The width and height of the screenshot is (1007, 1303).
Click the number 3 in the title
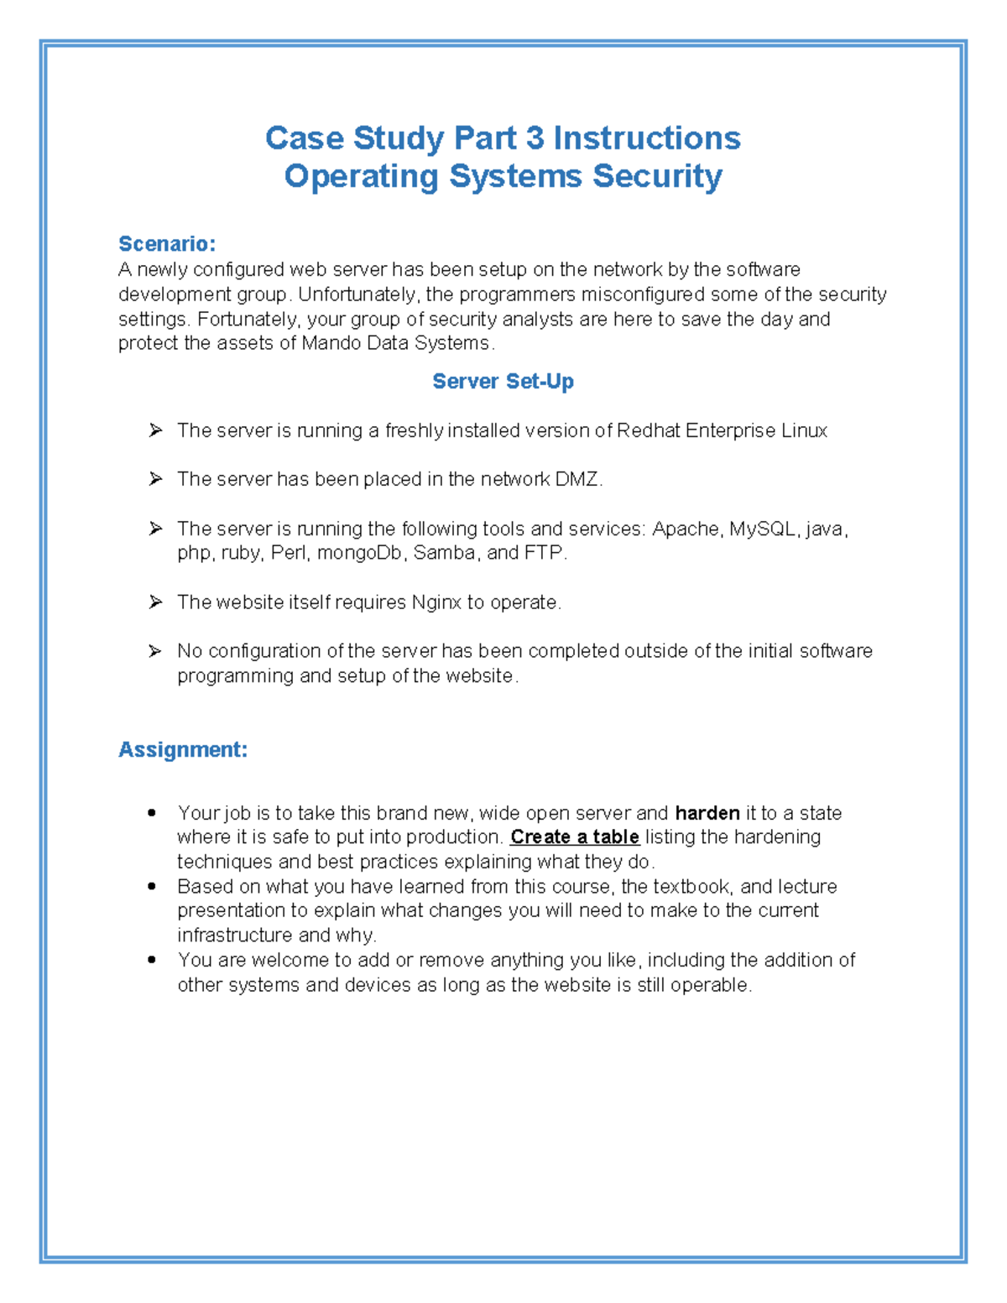[535, 138]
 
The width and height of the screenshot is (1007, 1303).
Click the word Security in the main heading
[657, 176]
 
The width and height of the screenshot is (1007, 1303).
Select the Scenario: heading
[167, 243]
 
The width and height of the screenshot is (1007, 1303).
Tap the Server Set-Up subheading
[503, 381]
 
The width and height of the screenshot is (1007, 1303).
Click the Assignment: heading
[183, 749]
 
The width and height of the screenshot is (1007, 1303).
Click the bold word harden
[707, 813]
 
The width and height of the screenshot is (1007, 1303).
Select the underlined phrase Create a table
[575, 837]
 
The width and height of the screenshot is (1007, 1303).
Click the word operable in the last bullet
[715, 985]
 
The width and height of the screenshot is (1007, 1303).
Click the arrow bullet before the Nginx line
[155, 602]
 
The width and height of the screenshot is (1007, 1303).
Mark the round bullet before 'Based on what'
[152, 886]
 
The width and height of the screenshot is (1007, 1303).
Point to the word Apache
[686, 529]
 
